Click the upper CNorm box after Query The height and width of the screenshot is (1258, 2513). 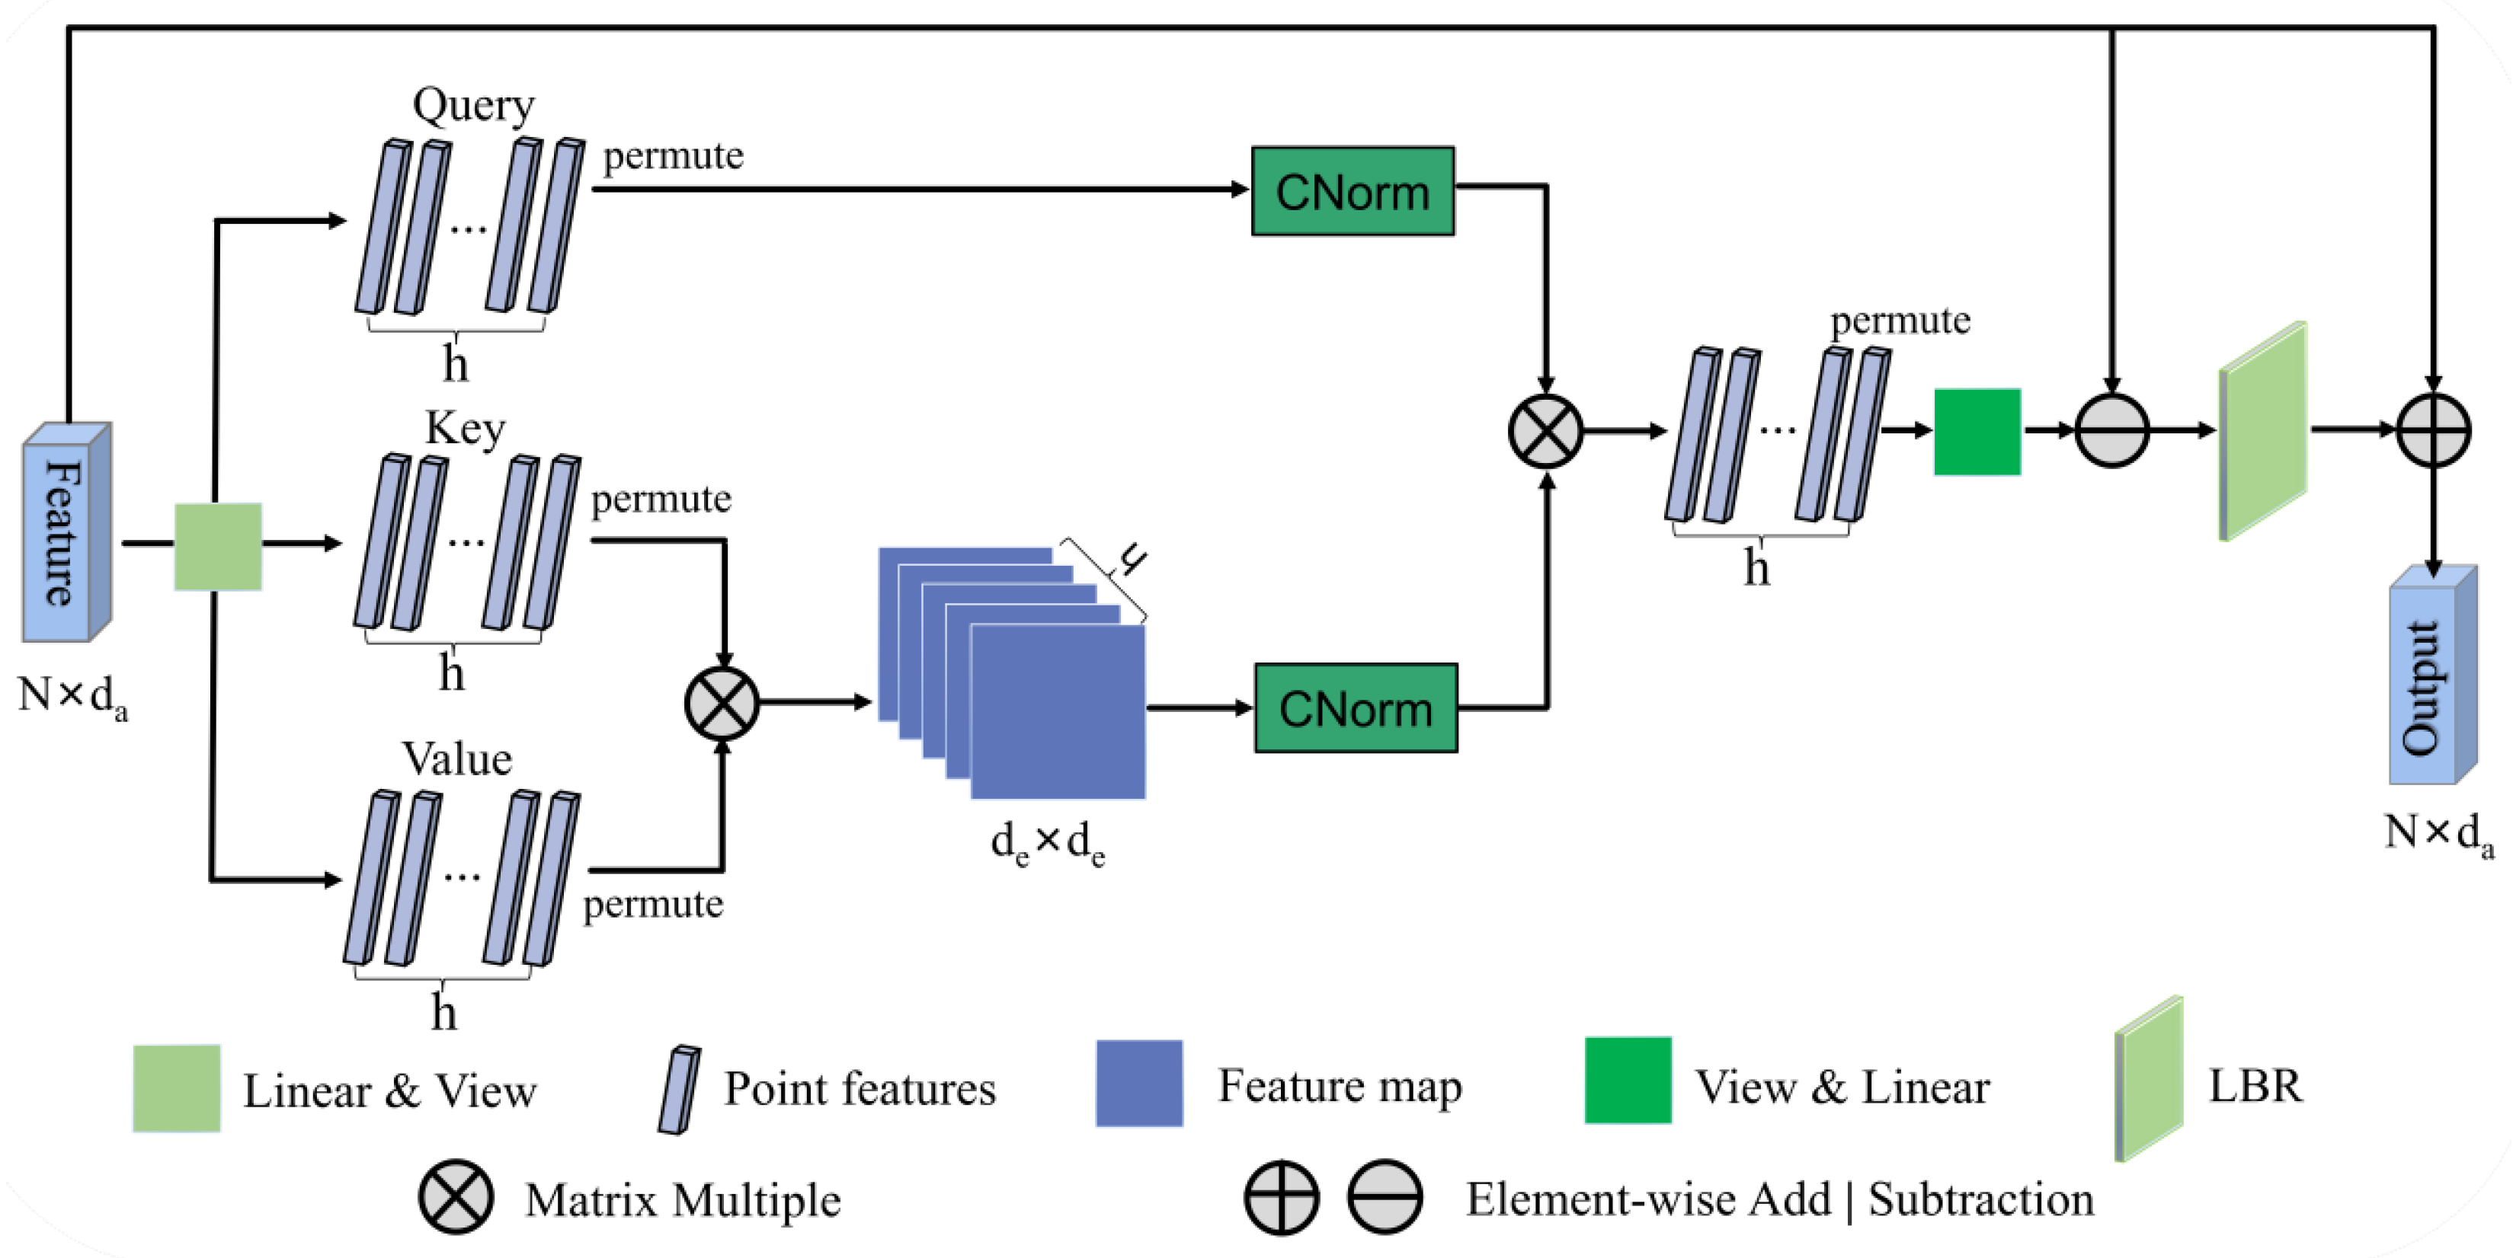click(x=1352, y=191)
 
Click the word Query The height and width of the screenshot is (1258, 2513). click(x=473, y=105)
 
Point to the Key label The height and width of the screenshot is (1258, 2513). click(x=466, y=428)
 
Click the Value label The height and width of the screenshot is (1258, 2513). click(x=456, y=758)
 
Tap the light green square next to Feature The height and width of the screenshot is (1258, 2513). click(x=218, y=546)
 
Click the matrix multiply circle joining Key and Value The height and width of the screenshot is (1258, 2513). click(x=722, y=702)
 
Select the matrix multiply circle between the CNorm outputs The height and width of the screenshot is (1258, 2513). click(x=1545, y=431)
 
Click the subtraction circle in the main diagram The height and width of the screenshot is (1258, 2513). click(x=2111, y=431)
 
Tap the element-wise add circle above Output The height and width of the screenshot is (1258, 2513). click(x=2433, y=431)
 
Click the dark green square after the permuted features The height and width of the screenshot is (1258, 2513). click(x=1977, y=432)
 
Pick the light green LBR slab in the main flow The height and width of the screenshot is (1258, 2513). click(x=2263, y=431)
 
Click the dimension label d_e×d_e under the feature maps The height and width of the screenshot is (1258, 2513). click(x=1047, y=841)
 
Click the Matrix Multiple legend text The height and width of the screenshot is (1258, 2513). click(x=682, y=1199)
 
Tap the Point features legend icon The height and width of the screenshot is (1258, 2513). click(x=679, y=1089)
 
